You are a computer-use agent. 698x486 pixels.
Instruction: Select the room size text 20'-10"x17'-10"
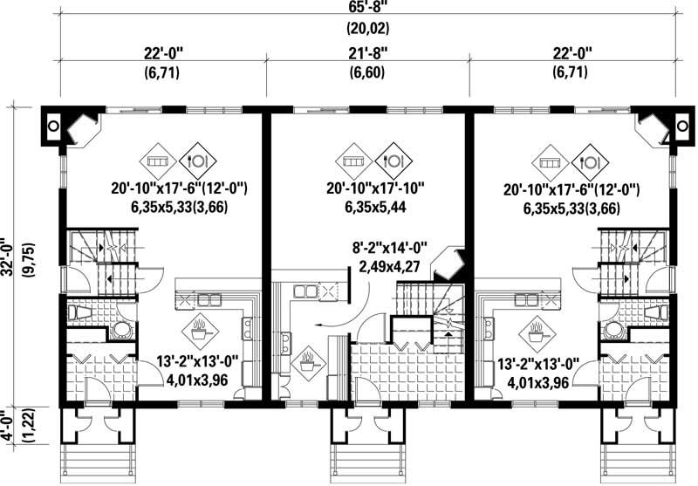[367, 188]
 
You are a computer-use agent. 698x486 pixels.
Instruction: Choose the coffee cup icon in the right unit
[535, 332]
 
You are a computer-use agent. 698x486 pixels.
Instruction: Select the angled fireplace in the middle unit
[453, 260]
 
